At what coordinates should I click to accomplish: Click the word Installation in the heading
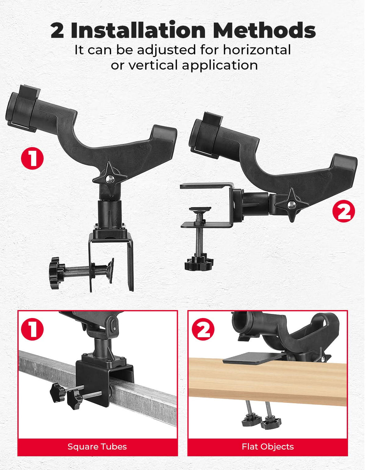138,30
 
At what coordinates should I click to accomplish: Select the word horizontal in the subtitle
257,50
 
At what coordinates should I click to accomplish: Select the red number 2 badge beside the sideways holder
344,212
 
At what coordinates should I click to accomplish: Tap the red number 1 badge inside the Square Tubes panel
32,329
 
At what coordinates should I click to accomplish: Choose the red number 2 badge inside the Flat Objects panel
203,329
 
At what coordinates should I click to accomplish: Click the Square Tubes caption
97,447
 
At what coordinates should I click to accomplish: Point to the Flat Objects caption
268,447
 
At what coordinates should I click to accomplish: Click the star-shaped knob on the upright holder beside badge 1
110,178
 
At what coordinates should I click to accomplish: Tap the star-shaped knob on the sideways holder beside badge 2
292,204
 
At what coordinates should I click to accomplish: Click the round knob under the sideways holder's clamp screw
199,263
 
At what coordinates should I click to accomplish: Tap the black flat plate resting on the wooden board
253,359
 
